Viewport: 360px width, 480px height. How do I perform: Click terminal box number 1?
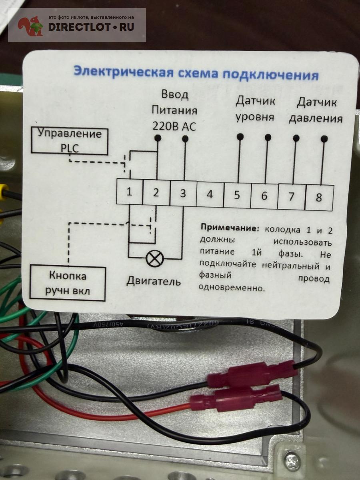[x=129, y=192]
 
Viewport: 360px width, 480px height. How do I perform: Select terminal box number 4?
[x=210, y=194]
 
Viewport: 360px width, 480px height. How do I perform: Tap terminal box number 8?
[x=319, y=198]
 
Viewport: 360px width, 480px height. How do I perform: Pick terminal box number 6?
[x=264, y=196]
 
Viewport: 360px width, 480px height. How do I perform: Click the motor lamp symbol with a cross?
[x=155, y=258]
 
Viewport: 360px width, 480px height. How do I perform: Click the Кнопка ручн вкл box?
[x=68, y=283]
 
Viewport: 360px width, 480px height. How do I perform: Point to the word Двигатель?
[x=154, y=282]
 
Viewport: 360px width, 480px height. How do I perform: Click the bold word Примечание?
[x=230, y=228]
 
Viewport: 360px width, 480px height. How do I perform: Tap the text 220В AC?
[x=174, y=126]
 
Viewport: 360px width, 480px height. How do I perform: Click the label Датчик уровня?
[x=255, y=109]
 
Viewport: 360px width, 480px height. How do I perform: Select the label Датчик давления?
[x=316, y=111]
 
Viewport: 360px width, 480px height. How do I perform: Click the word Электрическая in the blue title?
[x=124, y=72]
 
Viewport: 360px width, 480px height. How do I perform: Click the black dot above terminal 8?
[x=324, y=139]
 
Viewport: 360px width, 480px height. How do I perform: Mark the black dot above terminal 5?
[x=240, y=137]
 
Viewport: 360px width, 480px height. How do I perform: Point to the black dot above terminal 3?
[x=185, y=139]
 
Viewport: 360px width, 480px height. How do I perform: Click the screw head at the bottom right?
[x=293, y=449]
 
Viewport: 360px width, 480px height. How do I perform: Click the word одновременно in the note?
[x=231, y=288]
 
